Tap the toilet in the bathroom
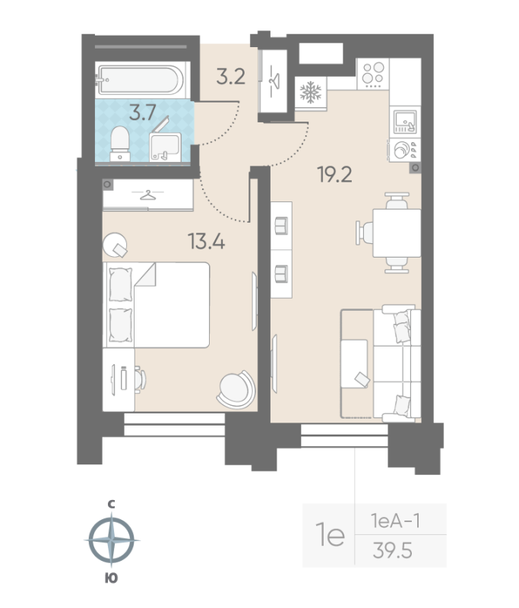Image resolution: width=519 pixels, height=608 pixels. click(x=120, y=144)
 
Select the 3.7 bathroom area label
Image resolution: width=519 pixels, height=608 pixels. click(x=143, y=112)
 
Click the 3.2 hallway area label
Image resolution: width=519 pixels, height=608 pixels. click(x=230, y=76)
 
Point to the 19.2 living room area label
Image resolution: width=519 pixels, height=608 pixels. click(x=334, y=174)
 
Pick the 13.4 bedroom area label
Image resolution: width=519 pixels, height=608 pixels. click(x=206, y=241)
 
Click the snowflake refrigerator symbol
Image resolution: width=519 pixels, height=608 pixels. click(x=311, y=92)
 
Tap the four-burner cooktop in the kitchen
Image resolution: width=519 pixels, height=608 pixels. click(x=373, y=74)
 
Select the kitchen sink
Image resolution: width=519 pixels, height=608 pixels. click(x=405, y=122)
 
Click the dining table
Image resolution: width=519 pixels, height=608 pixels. click(x=397, y=233)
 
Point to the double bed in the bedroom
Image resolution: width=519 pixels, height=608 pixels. click(x=157, y=305)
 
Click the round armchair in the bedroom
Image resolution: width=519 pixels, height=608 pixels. click(x=236, y=389)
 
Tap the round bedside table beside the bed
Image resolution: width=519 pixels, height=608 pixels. click(x=115, y=245)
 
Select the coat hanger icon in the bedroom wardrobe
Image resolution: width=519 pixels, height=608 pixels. click(x=147, y=195)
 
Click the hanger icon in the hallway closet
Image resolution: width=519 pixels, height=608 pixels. click(x=274, y=81)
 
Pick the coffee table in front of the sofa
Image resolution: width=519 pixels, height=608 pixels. click(x=354, y=363)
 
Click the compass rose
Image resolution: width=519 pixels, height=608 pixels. click(x=112, y=540)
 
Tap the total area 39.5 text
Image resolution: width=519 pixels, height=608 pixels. click(x=392, y=550)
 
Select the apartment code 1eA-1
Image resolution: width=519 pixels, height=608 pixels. click(x=395, y=521)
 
